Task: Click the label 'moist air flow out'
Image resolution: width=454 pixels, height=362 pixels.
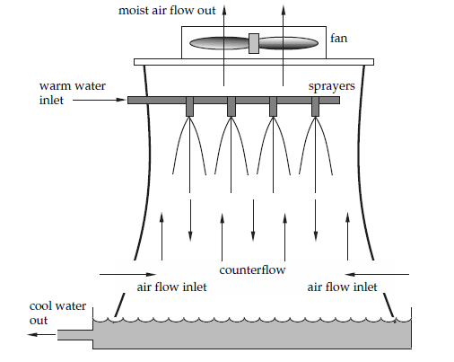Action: [x=168, y=10]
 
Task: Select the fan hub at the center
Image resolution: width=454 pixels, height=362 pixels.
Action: [x=253, y=42]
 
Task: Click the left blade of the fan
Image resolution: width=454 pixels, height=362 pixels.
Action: [x=218, y=42]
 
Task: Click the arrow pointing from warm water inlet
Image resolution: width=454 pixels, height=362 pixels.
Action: [x=99, y=101]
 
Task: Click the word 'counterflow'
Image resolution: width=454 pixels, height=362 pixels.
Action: [x=252, y=269]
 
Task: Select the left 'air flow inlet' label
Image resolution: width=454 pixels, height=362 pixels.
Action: [x=171, y=287]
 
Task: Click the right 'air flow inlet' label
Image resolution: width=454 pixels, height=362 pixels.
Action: [x=342, y=287]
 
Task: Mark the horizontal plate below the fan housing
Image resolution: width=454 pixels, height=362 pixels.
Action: [x=253, y=61]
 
